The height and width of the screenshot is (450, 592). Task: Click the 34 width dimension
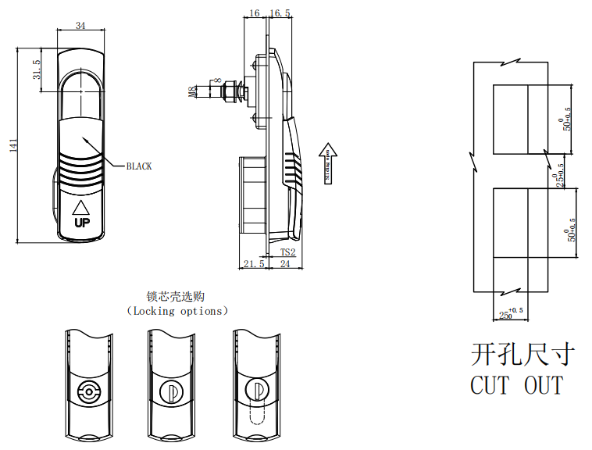click(80, 26)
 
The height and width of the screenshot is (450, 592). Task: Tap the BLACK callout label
click(139, 166)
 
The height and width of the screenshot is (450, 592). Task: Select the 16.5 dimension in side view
click(281, 13)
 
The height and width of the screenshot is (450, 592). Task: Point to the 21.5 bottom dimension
click(252, 265)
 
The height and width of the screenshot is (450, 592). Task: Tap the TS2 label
click(287, 252)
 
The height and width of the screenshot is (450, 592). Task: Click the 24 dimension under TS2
click(285, 265)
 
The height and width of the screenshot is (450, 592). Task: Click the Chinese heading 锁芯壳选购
click(177, 297)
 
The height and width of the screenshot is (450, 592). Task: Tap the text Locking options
click(177, 311)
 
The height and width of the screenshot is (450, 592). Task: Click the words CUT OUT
click(516, 385)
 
